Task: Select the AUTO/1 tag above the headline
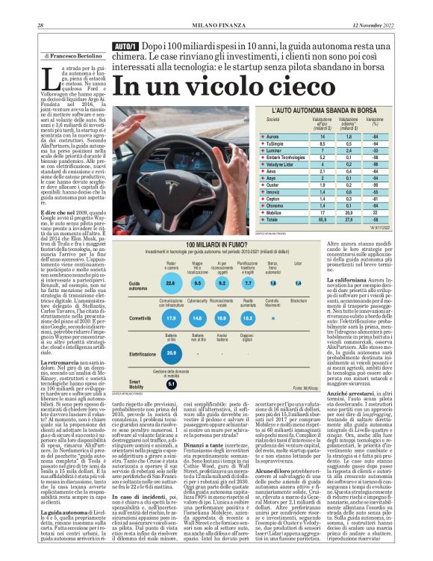[x=124, y=47]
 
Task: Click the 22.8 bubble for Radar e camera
[x=169, y=284]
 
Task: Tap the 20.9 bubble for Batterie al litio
[x=171, y=353]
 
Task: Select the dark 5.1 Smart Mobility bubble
[x=171, y=384]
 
